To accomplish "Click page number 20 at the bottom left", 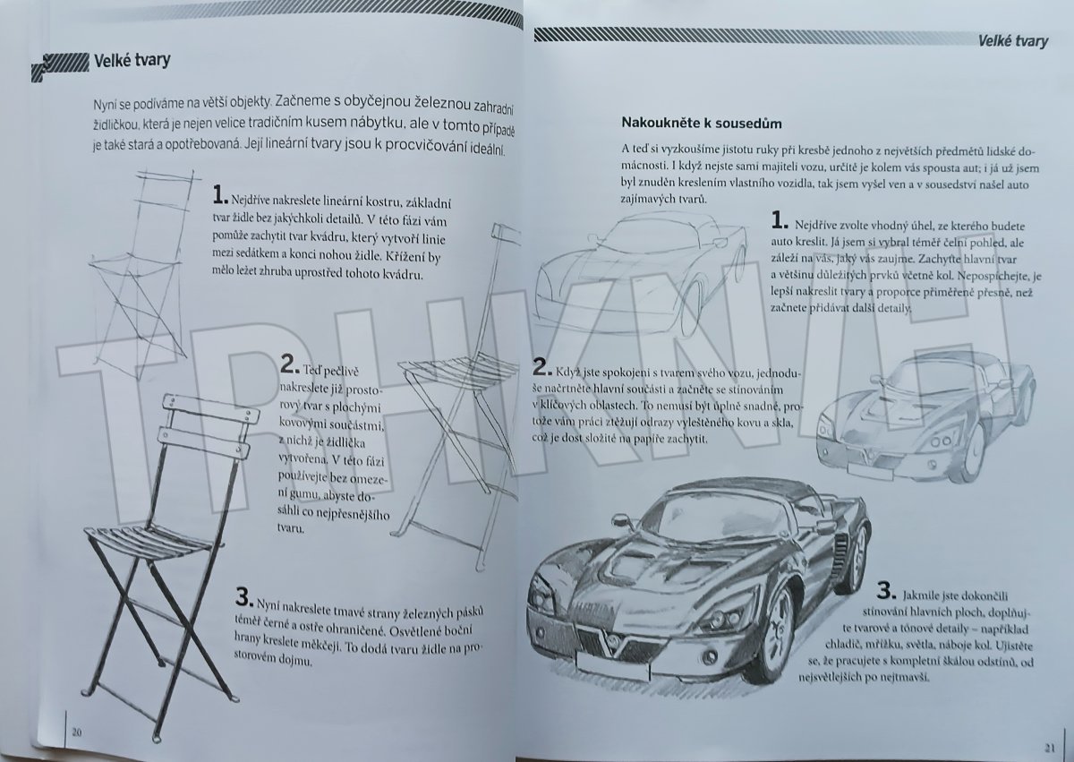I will coord(77,732).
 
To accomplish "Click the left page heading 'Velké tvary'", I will coord(132,62).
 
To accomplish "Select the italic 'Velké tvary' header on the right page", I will coord(1012,41).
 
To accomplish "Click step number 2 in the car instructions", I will coord(540,367).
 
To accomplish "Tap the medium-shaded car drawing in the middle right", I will coord(925,407).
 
